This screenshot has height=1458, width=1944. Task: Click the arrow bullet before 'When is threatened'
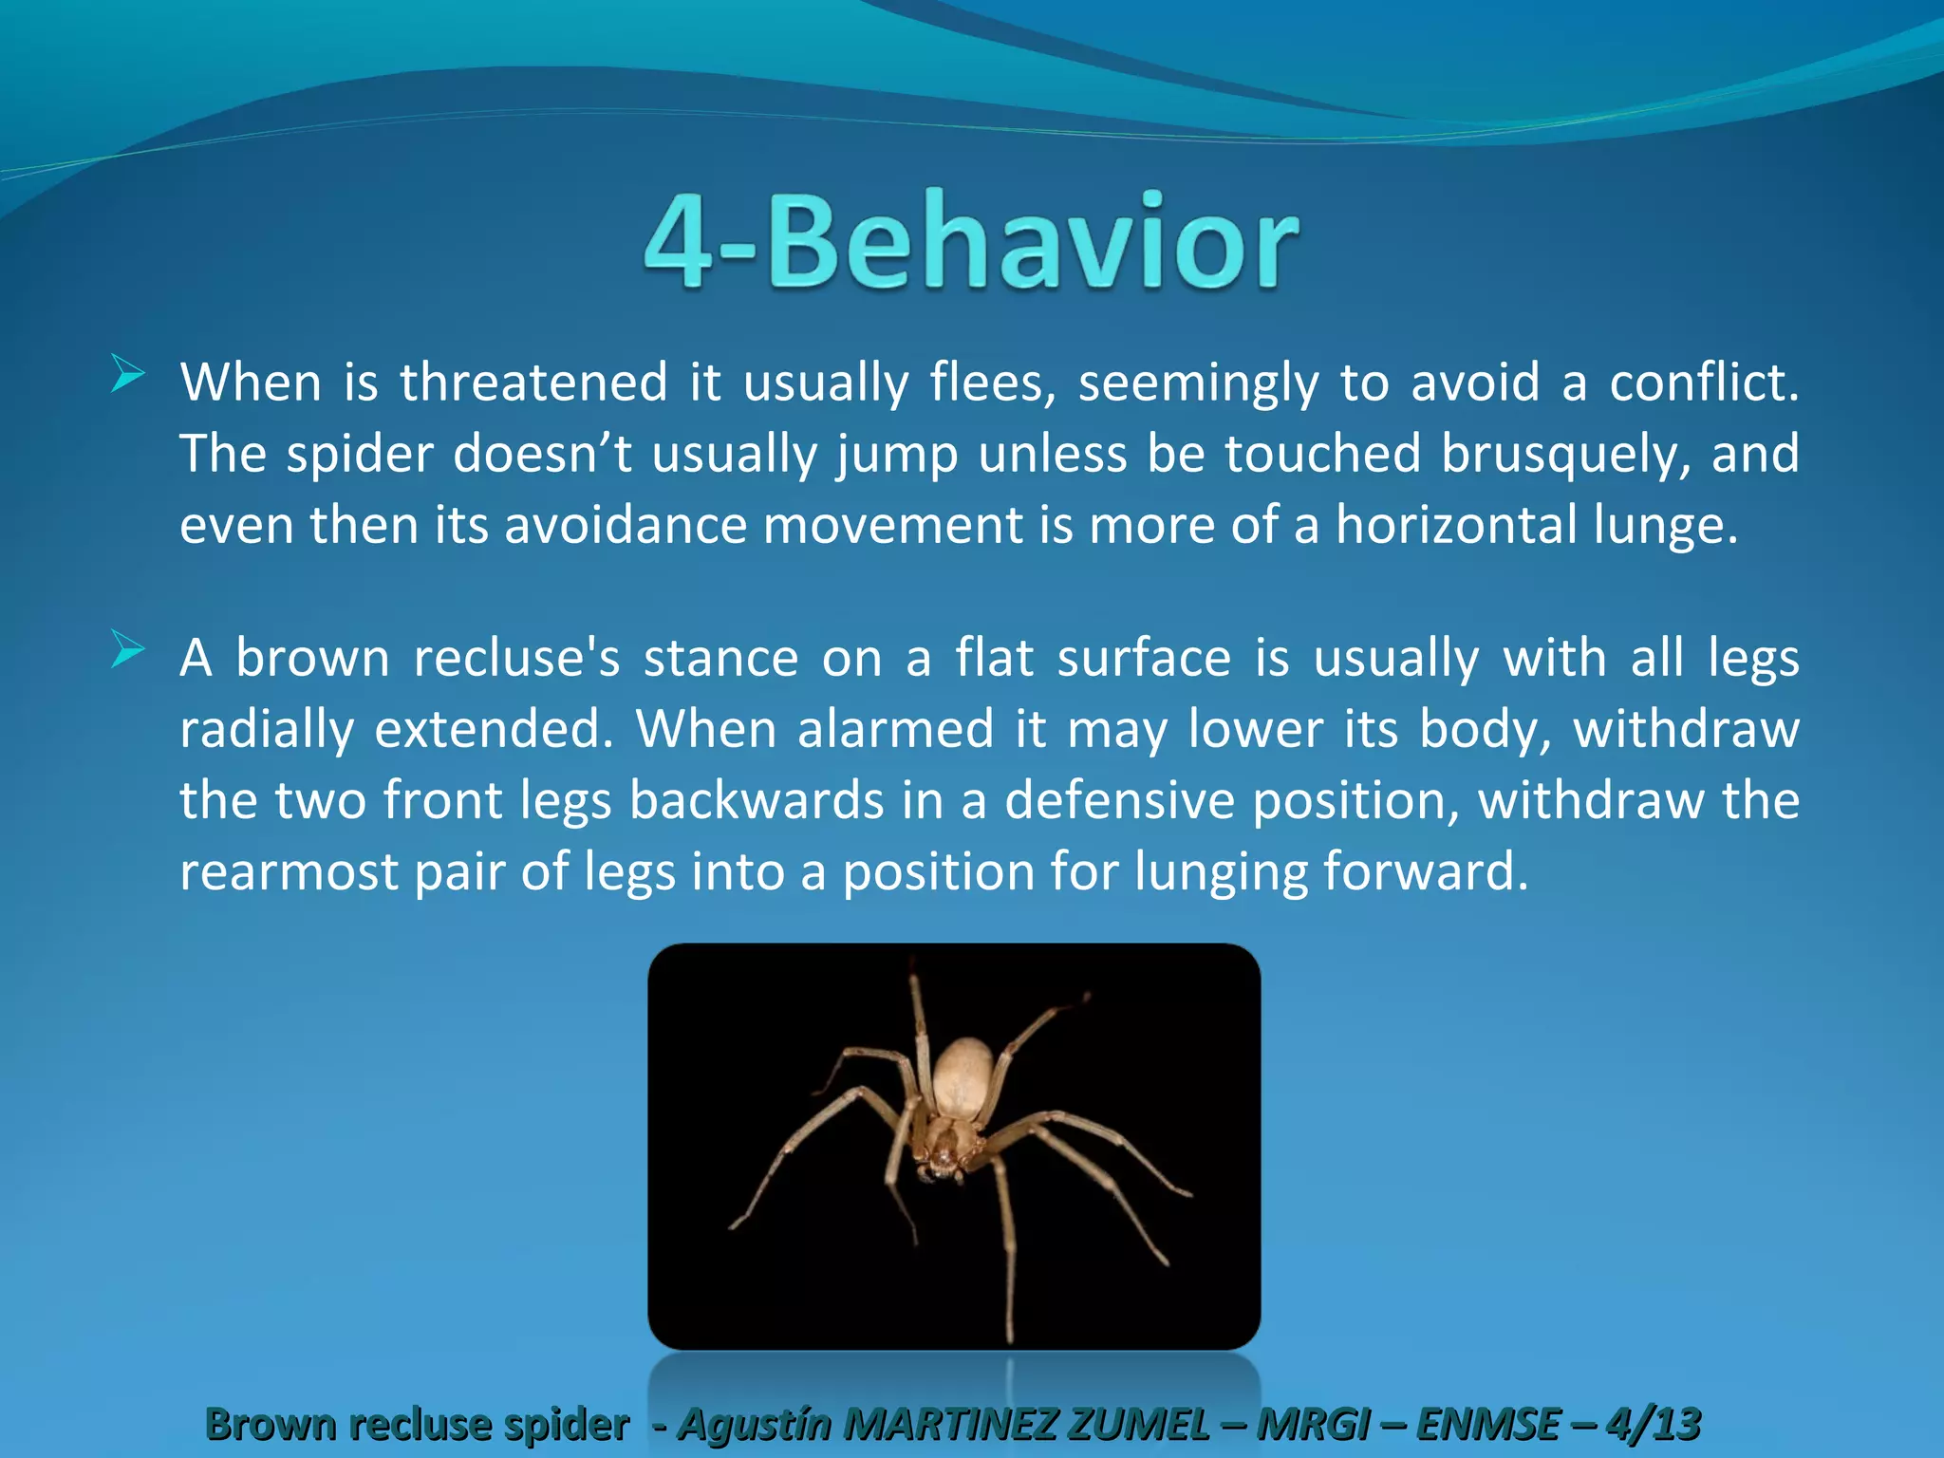click(127, 373)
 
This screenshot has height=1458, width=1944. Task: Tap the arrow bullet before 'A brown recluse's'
click(127, 650)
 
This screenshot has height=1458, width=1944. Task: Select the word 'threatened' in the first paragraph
click(533, 383)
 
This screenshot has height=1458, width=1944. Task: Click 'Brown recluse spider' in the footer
click(418, 1424)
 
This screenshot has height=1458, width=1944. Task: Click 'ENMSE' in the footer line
click(1487, 1424)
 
